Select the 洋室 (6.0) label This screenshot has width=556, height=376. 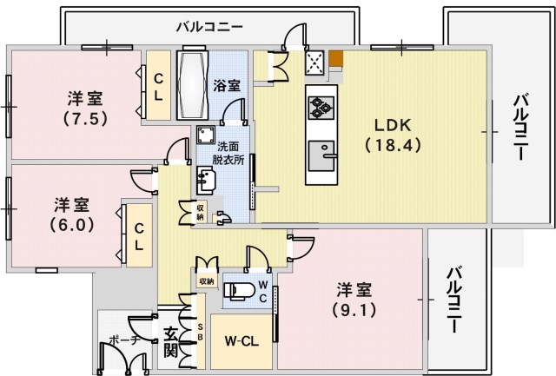(x=71, y=213)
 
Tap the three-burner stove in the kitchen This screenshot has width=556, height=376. (x=318, y=107)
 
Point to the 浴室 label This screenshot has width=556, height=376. (x=228, y=86)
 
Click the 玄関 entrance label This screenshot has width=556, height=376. (x=170, y=340)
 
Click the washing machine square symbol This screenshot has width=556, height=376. (x=206, y=136)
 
